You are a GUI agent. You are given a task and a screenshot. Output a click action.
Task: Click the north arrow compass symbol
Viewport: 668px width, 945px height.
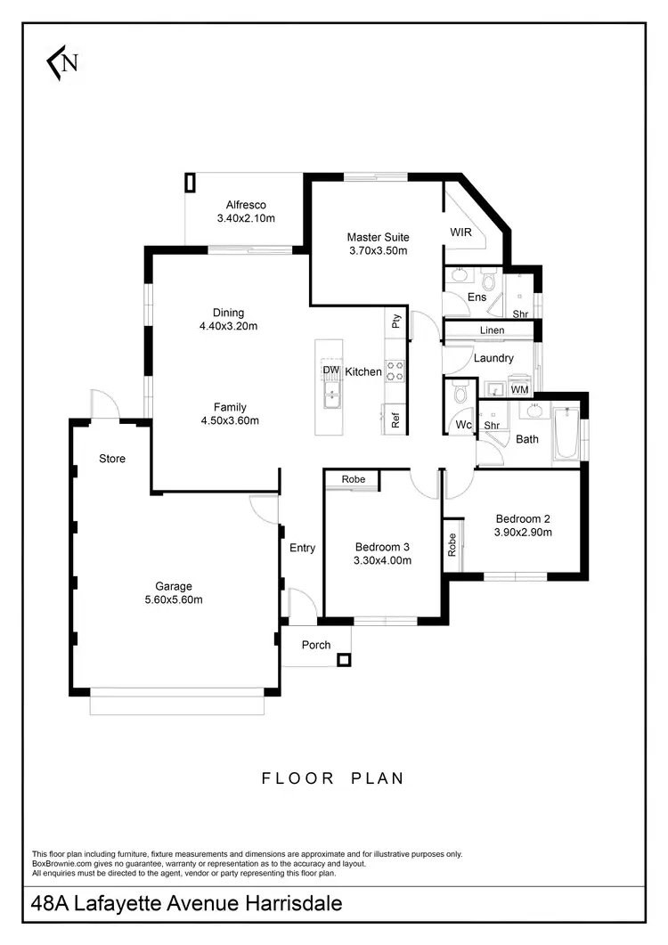click(63, 62)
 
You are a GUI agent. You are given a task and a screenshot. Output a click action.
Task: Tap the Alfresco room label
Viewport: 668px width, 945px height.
click(246, 205)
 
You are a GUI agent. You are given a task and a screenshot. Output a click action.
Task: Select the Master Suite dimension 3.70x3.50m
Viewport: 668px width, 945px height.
click(378, 251)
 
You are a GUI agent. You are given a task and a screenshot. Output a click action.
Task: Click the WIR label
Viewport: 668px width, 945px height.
click(460, 232)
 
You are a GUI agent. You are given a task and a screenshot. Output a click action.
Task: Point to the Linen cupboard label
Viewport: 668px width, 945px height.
click(492, 330)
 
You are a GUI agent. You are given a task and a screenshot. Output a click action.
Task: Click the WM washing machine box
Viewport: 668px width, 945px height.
click(519, 389)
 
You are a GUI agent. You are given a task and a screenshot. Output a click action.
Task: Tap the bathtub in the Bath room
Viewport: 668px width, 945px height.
click(566, 435)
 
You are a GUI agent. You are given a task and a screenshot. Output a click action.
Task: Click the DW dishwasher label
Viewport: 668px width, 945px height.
click(330, 371)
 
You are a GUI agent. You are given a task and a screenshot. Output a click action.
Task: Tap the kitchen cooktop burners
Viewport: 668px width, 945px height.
click(395, 371)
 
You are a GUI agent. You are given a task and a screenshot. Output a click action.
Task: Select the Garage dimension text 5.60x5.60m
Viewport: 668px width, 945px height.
click(174, 599)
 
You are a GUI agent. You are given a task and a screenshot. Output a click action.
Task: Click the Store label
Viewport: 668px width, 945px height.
click(112, 459)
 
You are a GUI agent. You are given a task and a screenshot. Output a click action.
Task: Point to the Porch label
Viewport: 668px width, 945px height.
click(316, 645)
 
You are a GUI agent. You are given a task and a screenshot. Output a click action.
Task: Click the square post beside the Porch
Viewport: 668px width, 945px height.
click(344, 660)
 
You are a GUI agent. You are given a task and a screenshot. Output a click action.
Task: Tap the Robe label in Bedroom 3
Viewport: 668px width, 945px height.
click(354, 479)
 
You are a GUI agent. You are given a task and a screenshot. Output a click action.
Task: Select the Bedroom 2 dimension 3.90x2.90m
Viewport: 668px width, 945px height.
click(525, 533)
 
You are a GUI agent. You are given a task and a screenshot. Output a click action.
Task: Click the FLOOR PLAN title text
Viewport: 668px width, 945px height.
click(332, 778)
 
